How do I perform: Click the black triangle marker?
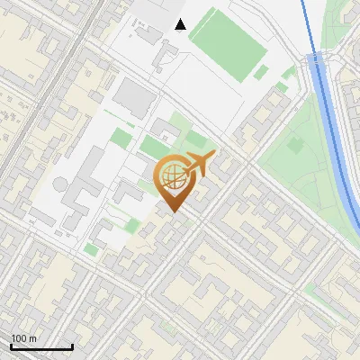181,24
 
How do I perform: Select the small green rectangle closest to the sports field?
261,73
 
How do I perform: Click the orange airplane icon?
198,165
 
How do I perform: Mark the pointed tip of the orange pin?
173,211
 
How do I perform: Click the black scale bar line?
41,347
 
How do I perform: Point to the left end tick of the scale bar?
11,346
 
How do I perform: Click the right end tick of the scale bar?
72,346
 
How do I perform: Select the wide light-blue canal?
337,144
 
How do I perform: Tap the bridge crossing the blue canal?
318,61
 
